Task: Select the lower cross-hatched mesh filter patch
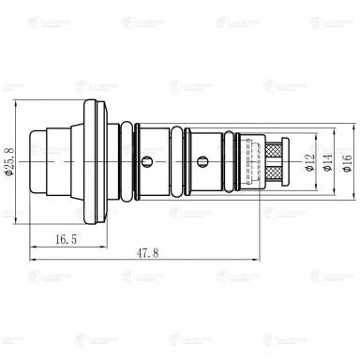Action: pyautogui.click(x=274, y=172)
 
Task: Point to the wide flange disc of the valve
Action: pyautogui.click(x=92, y=161)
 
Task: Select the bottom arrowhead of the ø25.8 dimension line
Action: pyautogui.click(x=18, y=223)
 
